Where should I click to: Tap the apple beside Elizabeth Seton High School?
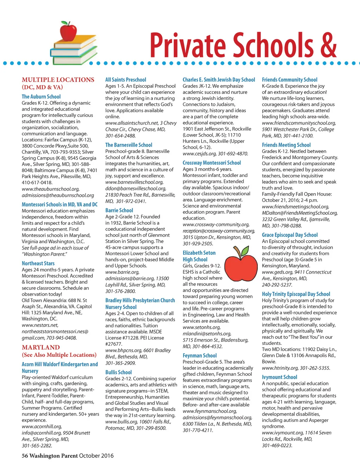click(x=241, y=263)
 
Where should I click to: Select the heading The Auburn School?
click(x=41, y=96)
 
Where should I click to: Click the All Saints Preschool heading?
click(x=126, y=80)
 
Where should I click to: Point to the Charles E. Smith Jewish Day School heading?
click(x=219, y=80)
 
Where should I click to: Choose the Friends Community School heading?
click(x=289, y=80)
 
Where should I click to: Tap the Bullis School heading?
click(x=118, y=372)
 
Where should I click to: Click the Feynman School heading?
click(x=199, y=355)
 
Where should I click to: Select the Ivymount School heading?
click(x=279, y=377)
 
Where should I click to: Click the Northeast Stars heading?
click(x=38, y=263)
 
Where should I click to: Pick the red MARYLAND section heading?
click(x=41, y=347)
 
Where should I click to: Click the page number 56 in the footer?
click(x=25, y=456)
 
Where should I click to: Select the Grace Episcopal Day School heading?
click(x=290, y=235)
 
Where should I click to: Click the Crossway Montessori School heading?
click(x=212, y=163)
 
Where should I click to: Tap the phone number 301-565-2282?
click(x=37, y=445)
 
